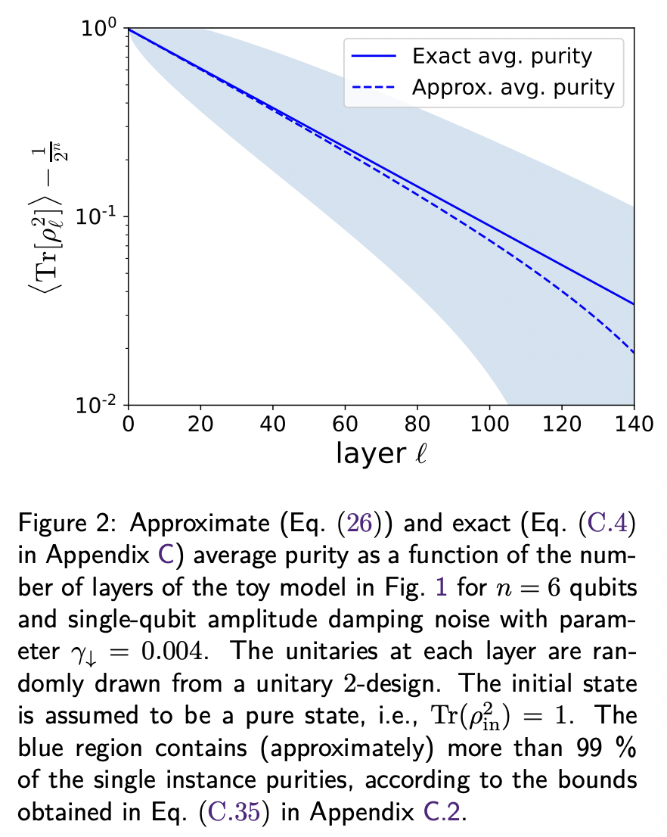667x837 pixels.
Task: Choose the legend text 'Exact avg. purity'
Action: point(501,55)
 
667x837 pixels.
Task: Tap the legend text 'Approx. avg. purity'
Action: point(513,87)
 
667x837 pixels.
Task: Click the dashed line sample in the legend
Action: point(374,88)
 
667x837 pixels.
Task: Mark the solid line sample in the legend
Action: point(374,56)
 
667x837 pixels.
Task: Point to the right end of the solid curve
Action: point(633,304)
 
